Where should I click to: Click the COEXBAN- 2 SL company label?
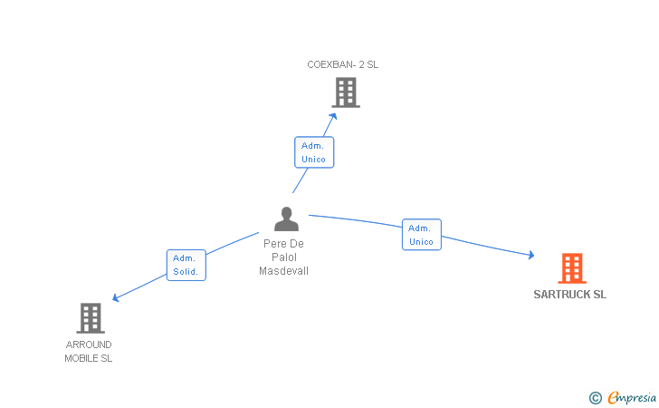click(342, 64)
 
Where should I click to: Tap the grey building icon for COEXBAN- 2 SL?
click(345, 92)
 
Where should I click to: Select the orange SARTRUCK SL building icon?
click(571, 268)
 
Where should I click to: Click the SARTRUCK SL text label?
click(570, 295)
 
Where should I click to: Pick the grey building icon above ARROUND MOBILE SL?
click(90, 318)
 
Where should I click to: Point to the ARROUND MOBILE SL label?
click(89, 352)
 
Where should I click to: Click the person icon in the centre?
click(286, 219)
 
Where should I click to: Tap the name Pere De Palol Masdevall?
click(283, 257)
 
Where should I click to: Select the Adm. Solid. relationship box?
click(186, 265)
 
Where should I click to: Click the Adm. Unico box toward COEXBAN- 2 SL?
click(314, 152)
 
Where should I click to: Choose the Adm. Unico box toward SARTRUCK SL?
click(422, 235)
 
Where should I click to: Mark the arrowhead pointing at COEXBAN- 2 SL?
click(333, 115)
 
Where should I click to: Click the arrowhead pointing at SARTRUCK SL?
click(530, 257)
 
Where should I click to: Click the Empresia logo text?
click(633, 397)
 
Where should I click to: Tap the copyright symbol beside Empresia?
click(596, 397)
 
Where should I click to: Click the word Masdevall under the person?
click(283, 271)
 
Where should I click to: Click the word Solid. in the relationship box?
click(186, 272)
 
